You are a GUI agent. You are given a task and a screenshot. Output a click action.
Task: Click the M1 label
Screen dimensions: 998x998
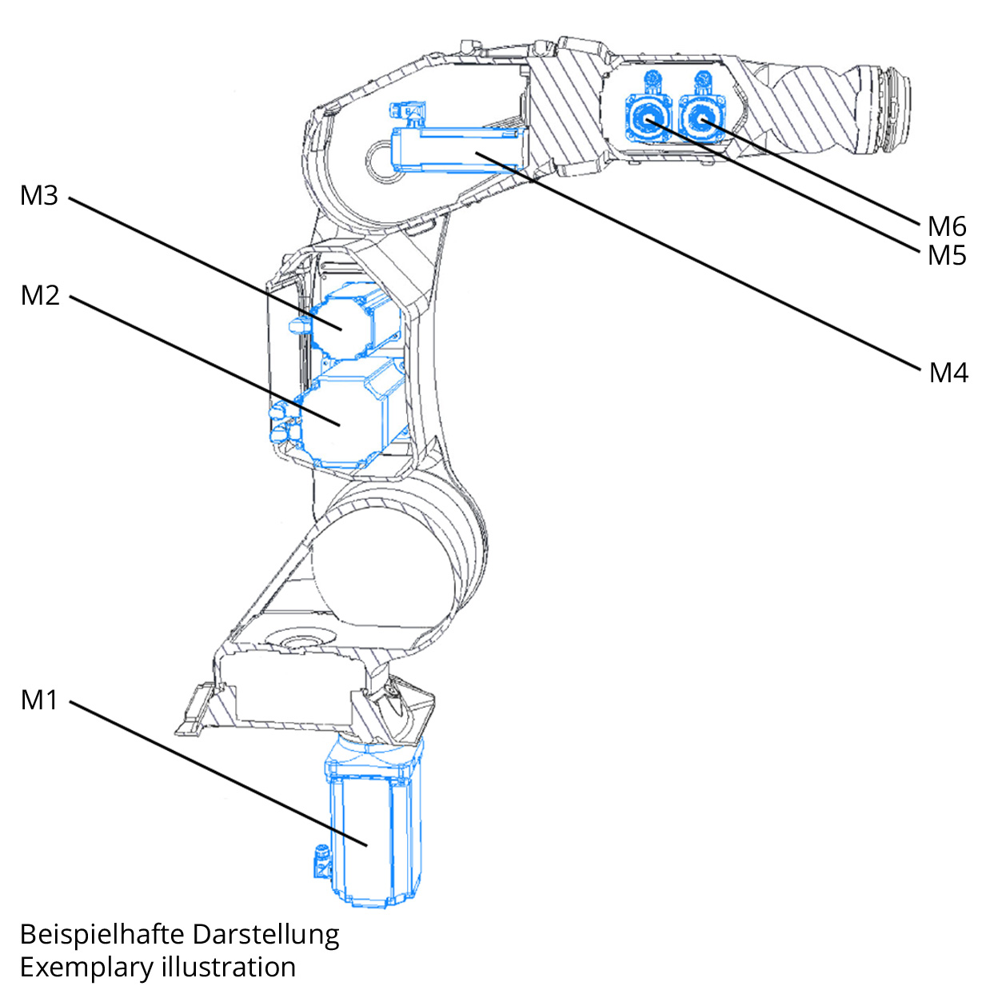pos(39,700)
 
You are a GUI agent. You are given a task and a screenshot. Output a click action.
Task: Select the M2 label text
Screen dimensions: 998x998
pos(40,295)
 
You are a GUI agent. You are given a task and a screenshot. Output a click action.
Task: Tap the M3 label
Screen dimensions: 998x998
pos(39,195)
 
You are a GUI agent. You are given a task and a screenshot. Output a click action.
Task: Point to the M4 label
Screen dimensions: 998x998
pos(948,373)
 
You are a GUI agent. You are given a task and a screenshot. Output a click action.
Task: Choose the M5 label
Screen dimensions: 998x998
pos(947,256)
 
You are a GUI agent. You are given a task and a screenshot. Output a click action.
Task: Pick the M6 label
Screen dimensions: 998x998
pos(947,226)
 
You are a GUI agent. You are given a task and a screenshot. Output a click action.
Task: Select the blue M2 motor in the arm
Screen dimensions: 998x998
pos(344,420)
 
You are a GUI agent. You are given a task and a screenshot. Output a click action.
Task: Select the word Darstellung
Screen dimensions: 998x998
pos(266,934)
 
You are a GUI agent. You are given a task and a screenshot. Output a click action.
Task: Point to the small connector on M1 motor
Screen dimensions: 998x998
pos(321,862)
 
